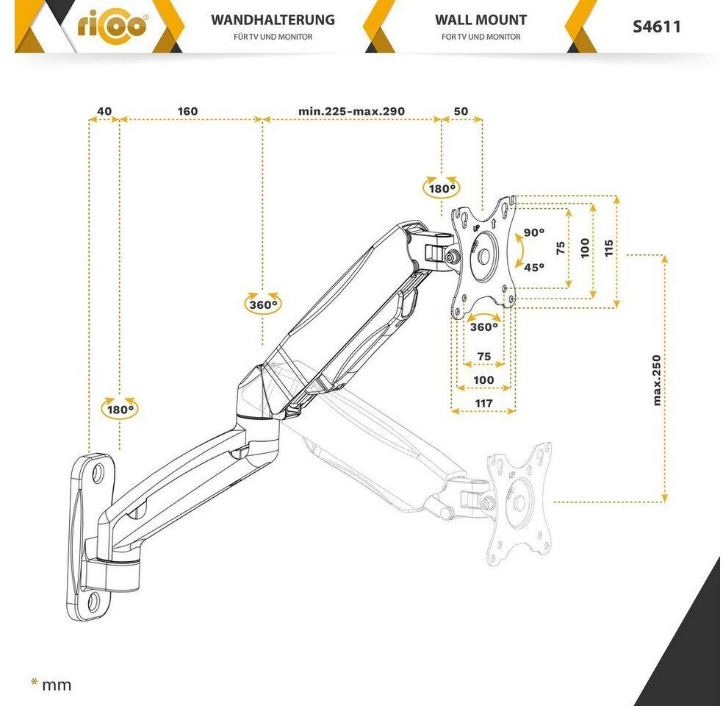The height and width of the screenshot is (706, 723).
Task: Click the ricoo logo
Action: click(x=112, y=27)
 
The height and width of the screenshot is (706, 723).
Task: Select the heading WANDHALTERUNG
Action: click(x=273, y=21)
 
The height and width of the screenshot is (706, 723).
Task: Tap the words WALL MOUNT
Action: click(x=481, y=21)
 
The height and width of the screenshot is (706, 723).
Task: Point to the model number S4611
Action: click(x=656, y=27)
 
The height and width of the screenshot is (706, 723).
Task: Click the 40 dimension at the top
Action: click(x=104, y=111)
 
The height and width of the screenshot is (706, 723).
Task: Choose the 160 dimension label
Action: click(x=187, y=111)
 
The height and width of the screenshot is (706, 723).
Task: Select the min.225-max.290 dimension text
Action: click(x=351, y=111)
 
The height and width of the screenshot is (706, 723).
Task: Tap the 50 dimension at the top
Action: click(x=461, y=111)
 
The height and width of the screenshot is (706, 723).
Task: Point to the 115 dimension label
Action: click(x=608, y=247)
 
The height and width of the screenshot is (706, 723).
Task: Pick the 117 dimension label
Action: click(x=483, y=404)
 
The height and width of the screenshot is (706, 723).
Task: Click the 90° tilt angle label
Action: click(x=534, y=232)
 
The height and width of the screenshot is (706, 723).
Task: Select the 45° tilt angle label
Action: click(x=534, y=267)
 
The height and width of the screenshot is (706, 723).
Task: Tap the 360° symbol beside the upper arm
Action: click(x=263, y=303)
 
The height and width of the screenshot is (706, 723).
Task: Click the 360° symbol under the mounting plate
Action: click(x=483, y=327)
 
